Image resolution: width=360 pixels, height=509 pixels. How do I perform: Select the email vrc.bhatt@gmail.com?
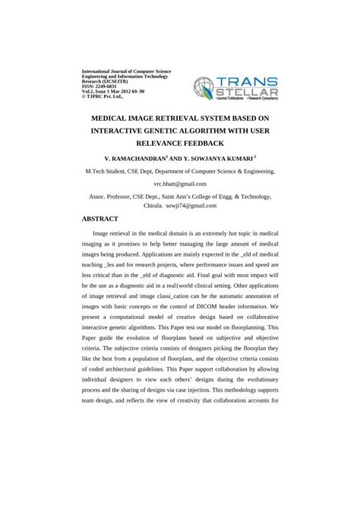[x=180, y=184]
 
